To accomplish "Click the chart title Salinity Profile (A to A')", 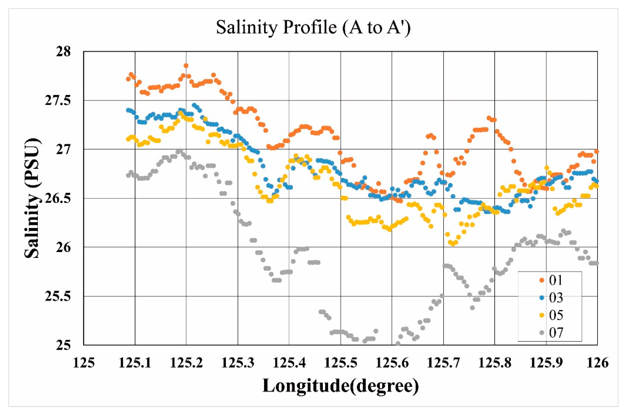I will [x=313, y=27].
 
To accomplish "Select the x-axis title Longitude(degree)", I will [x=341, y=386].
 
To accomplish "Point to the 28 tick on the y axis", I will [x=63, y=51].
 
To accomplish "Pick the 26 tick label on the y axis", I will [x=63, y=247].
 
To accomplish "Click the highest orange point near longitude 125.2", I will [x=186, y=65].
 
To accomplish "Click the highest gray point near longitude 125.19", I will [x=180, y=151].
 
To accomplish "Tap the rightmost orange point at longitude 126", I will [x=596, y=151].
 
